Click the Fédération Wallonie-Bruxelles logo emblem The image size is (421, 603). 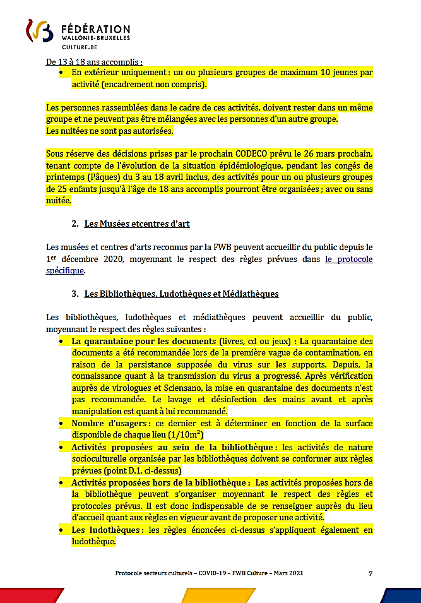(x=39, y=31)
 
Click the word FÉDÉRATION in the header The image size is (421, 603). (x=96, y=29)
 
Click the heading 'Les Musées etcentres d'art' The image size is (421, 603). (x=137, y=224)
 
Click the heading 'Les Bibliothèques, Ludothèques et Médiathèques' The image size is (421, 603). (x=181, y=294)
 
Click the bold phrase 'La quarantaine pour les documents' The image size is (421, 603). (x=143, y=342)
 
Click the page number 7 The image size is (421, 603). (x=371, y=573)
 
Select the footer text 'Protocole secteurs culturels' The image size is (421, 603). (x=155, y=573)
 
